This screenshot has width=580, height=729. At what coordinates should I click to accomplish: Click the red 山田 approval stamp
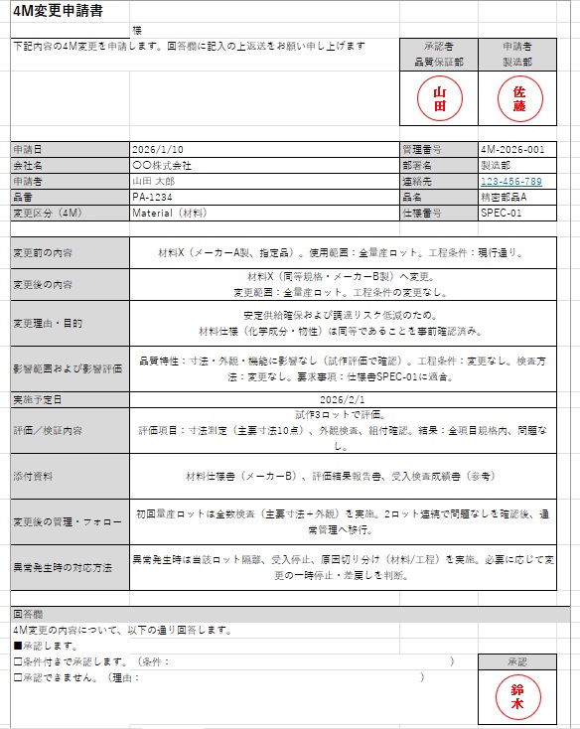[x=438, y=99]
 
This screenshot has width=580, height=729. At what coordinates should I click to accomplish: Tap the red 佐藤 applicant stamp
[x=518, y=99]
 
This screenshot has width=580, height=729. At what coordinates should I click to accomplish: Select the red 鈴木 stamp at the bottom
[x=517, y=696]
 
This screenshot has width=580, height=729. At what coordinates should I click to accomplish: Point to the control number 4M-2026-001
[x=512, y=149]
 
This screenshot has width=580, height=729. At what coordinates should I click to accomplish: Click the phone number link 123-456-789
[x=510, y=182]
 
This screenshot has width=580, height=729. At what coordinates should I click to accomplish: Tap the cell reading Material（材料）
[x=170, y=214]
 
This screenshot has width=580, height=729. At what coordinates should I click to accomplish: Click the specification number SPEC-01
[x=501, y=214]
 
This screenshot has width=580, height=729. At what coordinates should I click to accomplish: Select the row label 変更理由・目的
[x=47, y=323]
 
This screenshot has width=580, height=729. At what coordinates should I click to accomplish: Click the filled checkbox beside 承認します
[x=17, y=646]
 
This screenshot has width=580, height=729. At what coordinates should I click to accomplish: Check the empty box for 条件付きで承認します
[x=17, y=661]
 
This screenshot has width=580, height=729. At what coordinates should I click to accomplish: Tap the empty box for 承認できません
[x=17, y=677]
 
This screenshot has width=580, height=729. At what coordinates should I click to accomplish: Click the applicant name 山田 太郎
[x=154, y=182]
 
